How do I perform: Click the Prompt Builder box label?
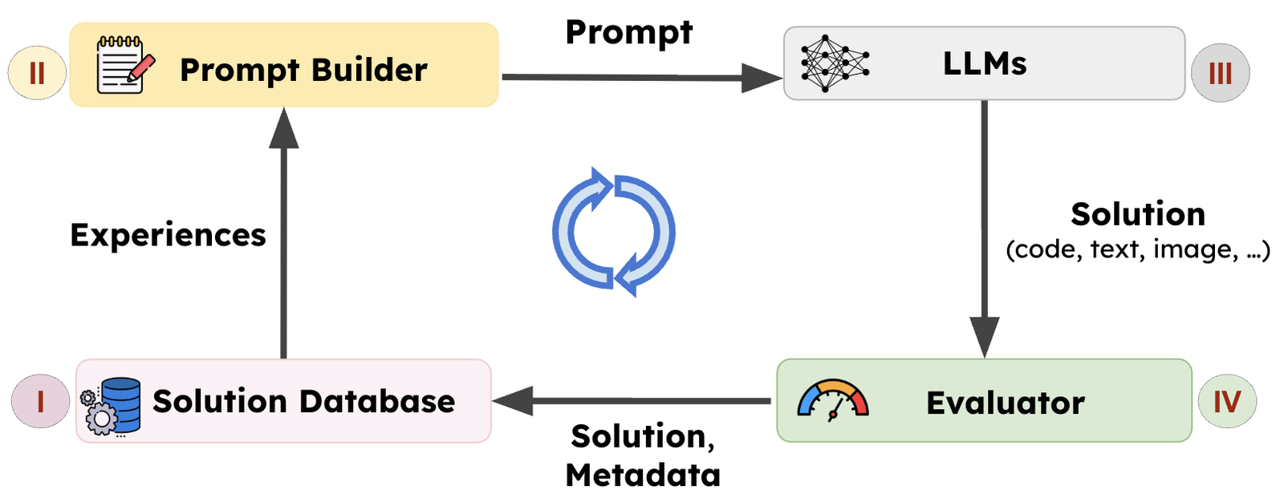[303, 71]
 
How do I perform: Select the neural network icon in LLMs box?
[834, 63]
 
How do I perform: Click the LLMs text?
[985, 64]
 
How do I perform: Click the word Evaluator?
[1005, 403]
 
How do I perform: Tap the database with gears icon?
[112, 406]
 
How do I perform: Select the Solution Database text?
[303, 401]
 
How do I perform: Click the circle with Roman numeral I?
[40, 400]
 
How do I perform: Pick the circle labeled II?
[37, 73]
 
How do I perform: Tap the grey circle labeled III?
[1220, 73]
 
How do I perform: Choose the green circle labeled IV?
[1226, 401]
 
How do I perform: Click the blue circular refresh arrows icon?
[614, 232]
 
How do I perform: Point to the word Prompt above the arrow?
[628, 33]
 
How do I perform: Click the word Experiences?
[168, 235]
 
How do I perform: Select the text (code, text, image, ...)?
[1137, 249]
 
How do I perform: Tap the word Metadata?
[643, 475]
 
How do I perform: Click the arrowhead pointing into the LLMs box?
[762, 78]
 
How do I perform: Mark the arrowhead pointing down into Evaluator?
[985, 336]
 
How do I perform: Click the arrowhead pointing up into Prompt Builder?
[283, 129]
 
